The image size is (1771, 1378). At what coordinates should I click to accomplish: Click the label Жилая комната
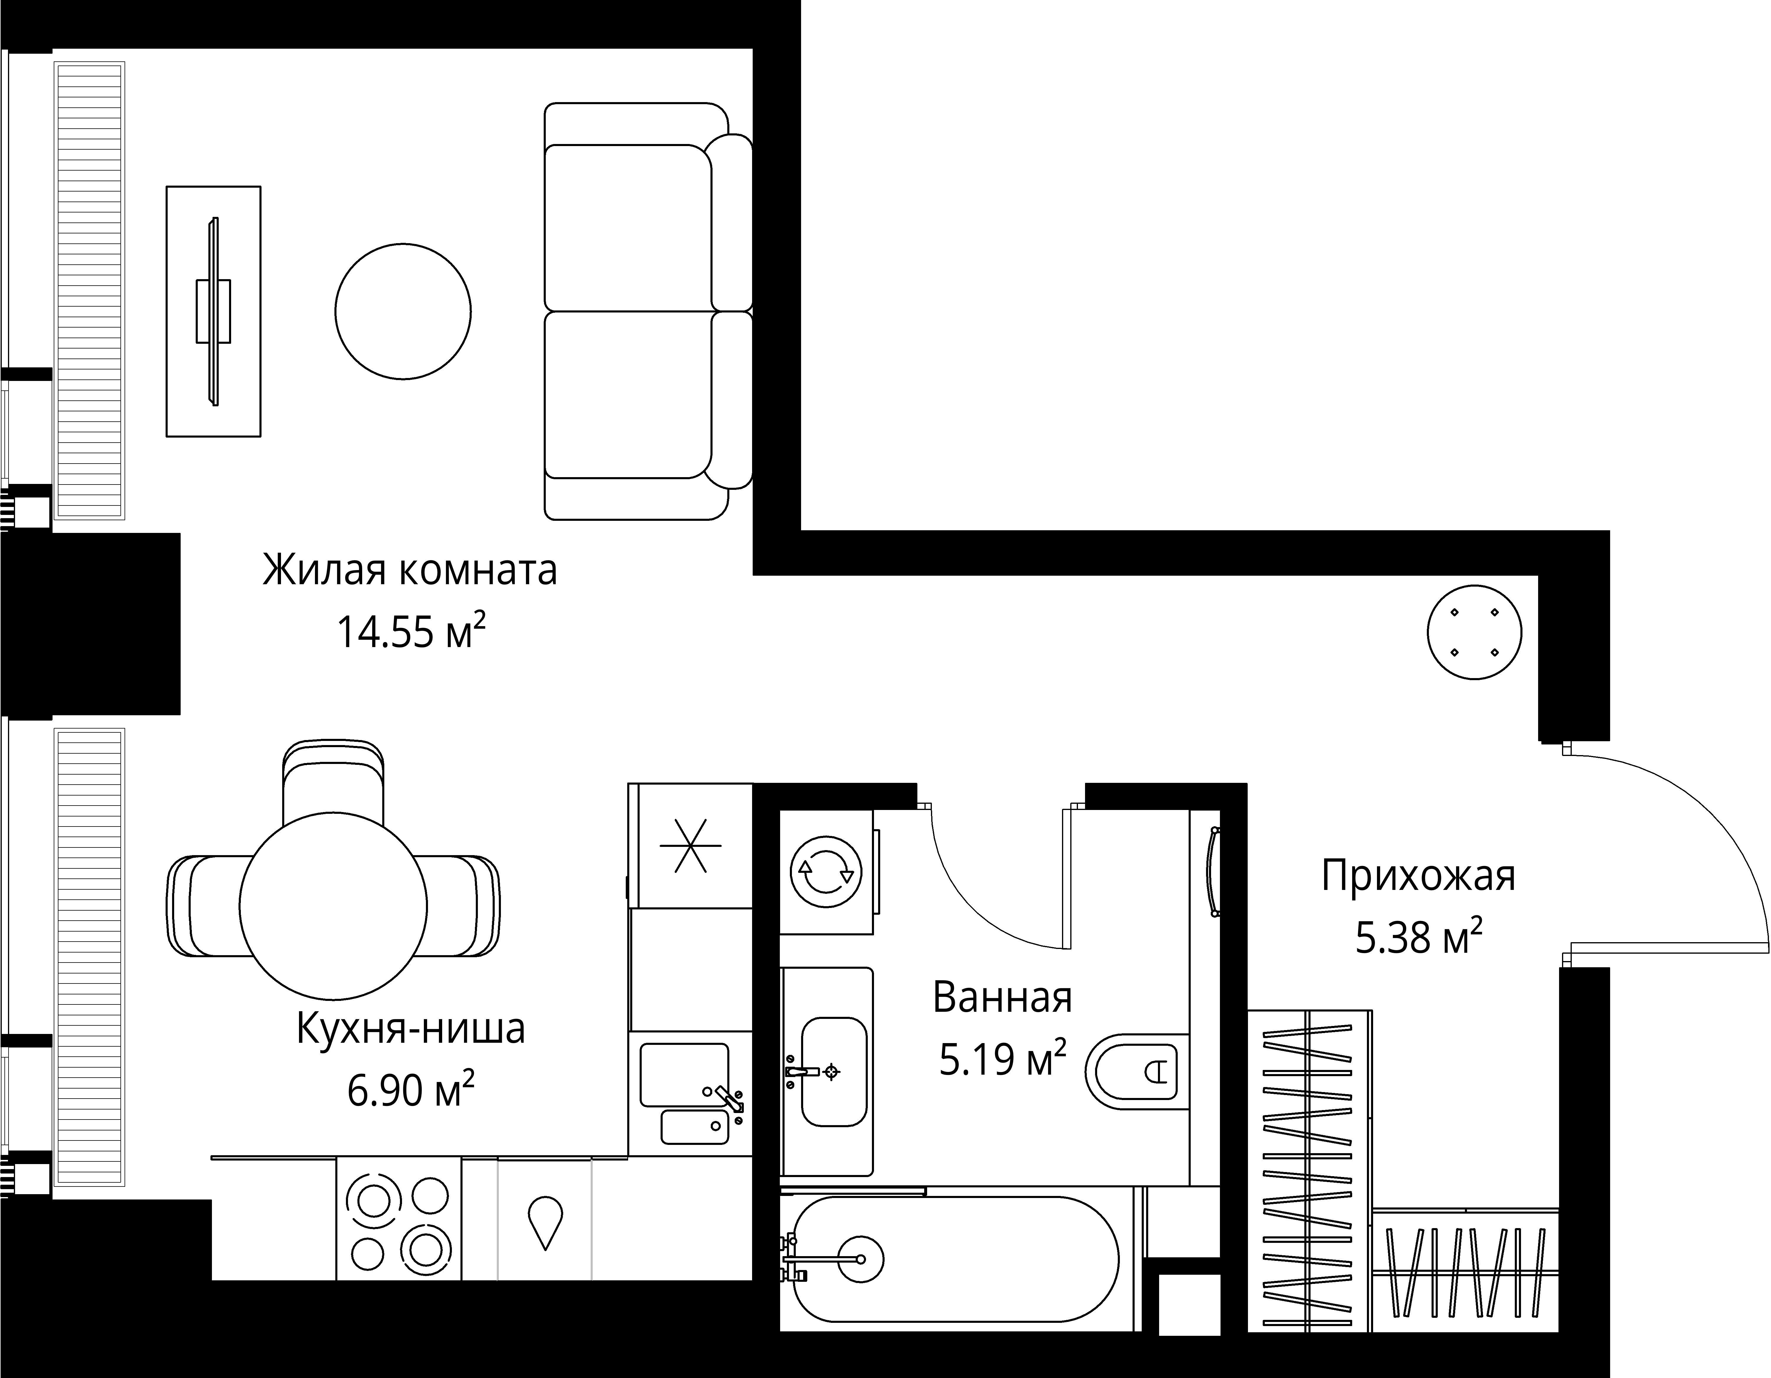tap(409, 570)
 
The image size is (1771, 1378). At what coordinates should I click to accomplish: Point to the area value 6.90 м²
tap(411, 1090)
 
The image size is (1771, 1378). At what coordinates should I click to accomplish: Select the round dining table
tap(333, 906)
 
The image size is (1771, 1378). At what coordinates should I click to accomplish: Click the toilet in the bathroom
tap(1135, 1072)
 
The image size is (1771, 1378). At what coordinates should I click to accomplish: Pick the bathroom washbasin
tap(834, 1072)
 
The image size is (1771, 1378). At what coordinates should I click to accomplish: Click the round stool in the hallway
tap(1474, 632)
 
